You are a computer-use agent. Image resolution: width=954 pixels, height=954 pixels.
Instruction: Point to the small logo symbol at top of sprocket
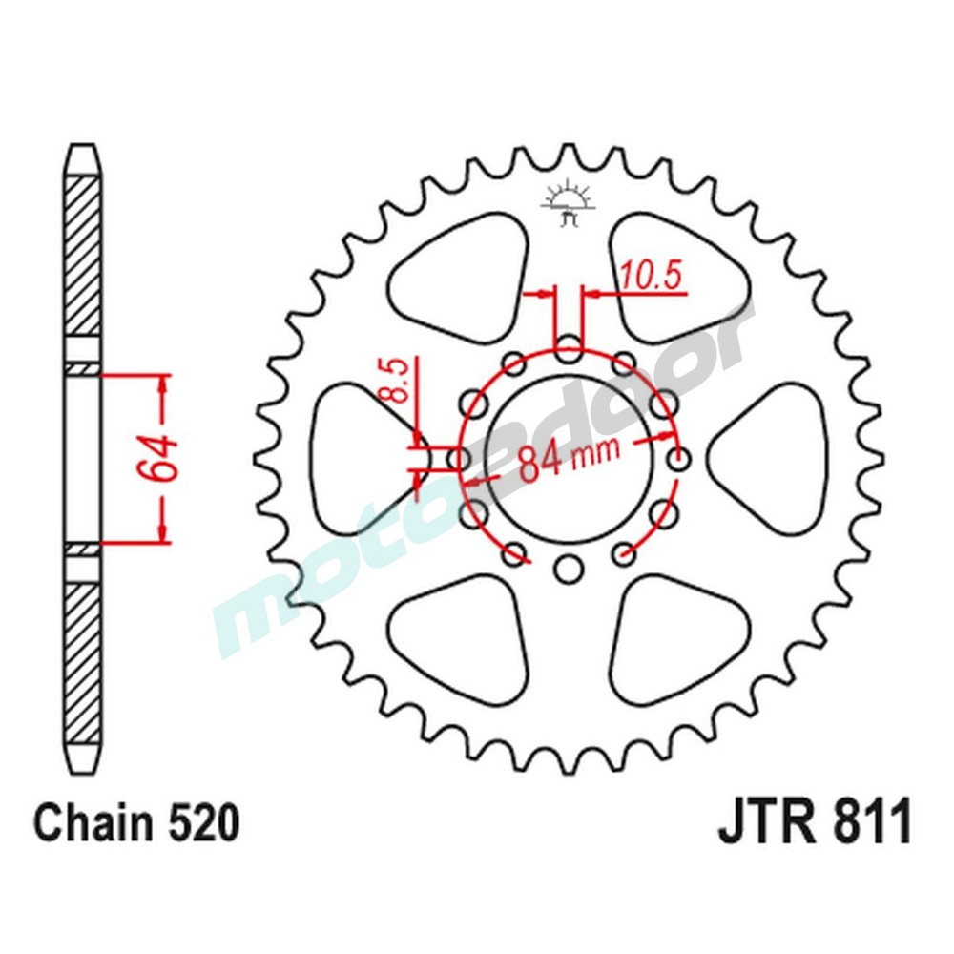570,203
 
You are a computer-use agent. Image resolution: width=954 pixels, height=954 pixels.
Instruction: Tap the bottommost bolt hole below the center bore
570,570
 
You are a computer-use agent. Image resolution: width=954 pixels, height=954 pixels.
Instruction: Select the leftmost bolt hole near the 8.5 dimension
459,460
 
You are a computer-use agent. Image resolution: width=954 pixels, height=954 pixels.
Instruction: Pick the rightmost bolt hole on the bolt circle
680,460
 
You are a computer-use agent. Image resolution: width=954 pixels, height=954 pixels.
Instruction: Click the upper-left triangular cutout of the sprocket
456,271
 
